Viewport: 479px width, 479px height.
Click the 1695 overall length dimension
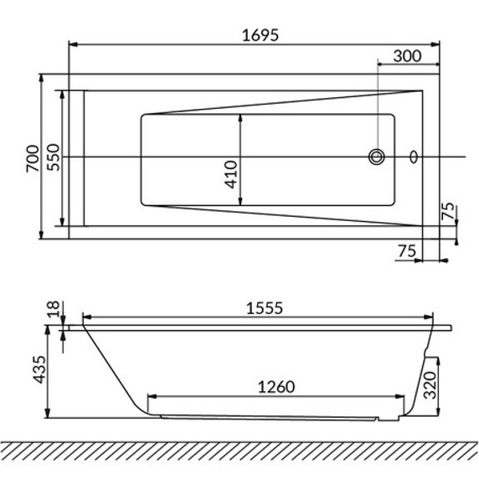click(x=260, y=35)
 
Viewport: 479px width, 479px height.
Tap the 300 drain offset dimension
click(x=407, y=56)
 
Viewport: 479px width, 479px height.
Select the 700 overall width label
click(x=33, y=158)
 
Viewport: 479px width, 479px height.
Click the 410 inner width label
click(x=231, y=174)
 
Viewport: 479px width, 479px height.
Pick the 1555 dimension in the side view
click(x=265, y=308)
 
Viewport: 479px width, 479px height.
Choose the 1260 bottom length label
click(x=276, y=387)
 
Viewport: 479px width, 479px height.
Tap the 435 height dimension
click(x=39, y=369)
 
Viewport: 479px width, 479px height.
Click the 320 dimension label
click(x=430, y=384)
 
